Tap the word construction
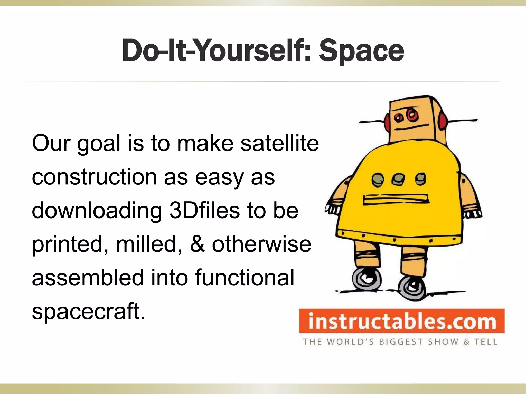[x=94, y=177]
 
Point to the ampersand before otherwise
[x=198, y=244]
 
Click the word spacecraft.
[x=89, y=311]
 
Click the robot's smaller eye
[x=399, y=118]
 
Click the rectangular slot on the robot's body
[x=396, y=200]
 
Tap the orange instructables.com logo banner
[x=402, y=321]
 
